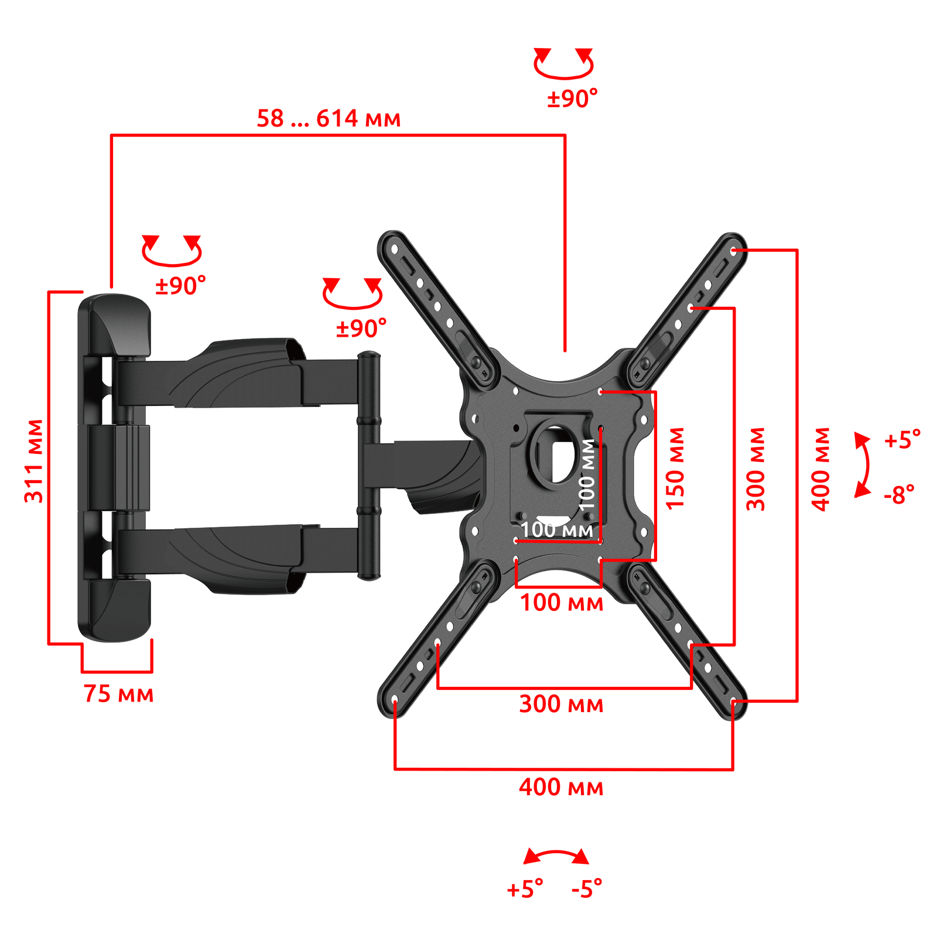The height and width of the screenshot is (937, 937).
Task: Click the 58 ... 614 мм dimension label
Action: (x=329, y=118)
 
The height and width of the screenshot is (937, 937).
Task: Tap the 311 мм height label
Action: (x=34, y=461)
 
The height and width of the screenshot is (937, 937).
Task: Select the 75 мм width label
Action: (x=118, y=693)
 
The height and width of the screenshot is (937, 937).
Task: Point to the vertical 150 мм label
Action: (x=675, y=468)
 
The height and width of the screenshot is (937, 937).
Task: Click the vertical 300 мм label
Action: (x=755, y=468)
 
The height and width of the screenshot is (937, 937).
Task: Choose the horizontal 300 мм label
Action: (x=561, y=703)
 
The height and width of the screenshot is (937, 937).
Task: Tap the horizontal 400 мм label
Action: (x=561, y=786)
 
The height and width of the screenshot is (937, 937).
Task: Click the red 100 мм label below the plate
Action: (x=562, y=603)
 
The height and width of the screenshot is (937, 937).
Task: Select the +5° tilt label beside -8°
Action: (x=902, y=439)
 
